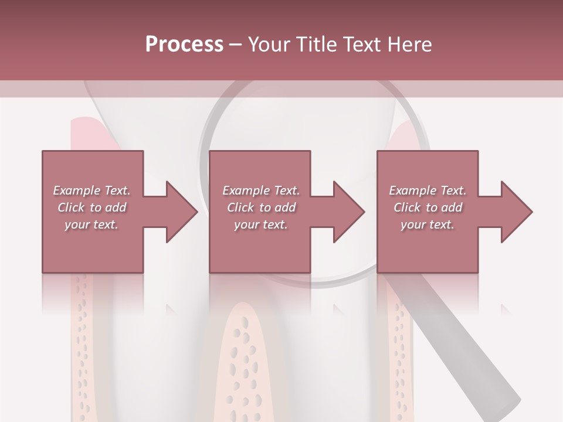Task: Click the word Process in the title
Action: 184,45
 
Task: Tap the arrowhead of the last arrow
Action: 516,212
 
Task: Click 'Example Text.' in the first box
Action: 91,190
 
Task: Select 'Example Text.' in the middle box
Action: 260,190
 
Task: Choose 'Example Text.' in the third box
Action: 428,190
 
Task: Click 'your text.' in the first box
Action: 91,224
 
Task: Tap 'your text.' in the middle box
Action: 260,224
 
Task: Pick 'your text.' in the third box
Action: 428,224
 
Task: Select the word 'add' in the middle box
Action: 284,207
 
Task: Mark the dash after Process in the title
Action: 235,45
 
